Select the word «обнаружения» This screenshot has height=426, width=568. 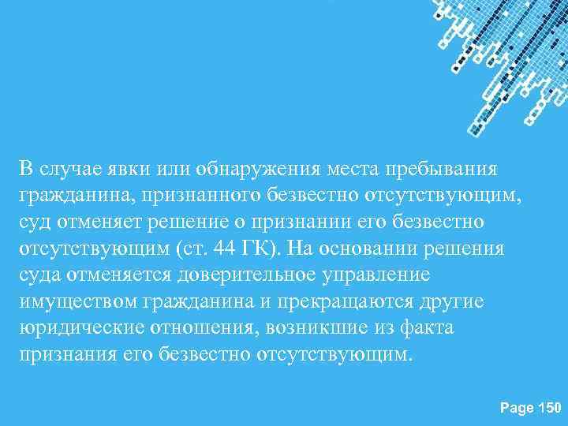pyautogui.click(x=261, y=169)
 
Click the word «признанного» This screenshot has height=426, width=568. pyautogui.click(x=179, y=195)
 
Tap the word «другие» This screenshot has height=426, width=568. pyautogui.click(x=455, y=300)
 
